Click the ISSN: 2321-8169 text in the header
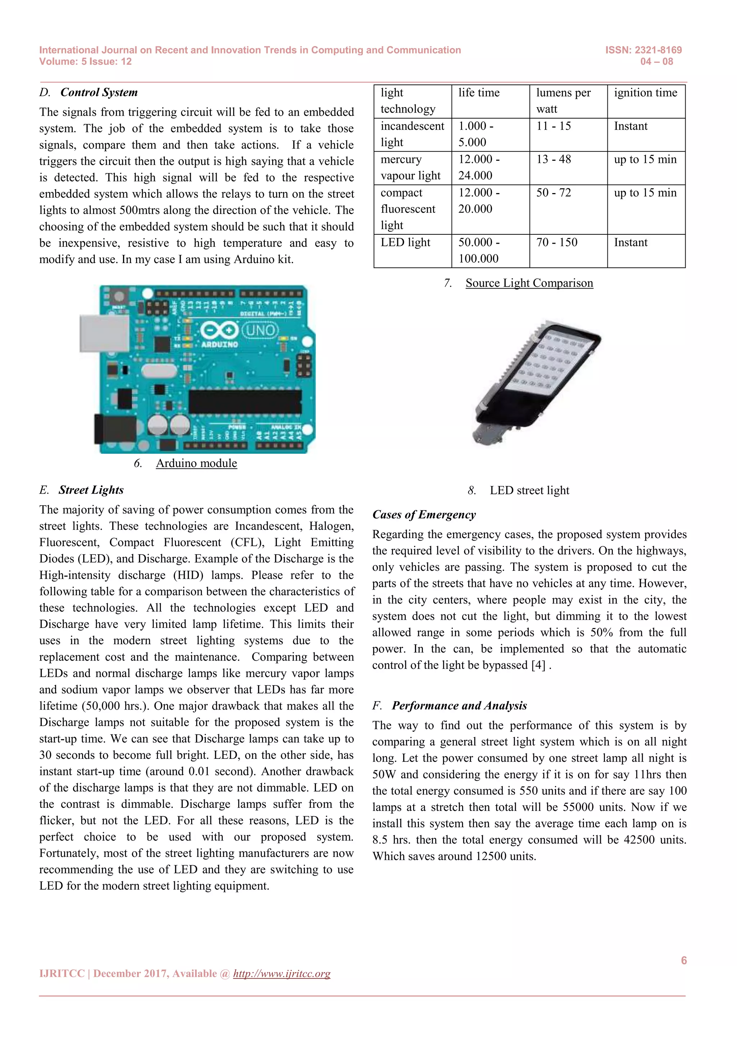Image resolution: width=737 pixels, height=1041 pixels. [643, 50]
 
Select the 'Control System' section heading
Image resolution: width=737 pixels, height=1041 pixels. [99, 92]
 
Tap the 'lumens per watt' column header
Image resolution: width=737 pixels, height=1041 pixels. [563, 101]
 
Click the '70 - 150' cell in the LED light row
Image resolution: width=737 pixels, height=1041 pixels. [556, 243]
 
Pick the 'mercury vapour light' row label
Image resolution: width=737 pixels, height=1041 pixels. [410, 167]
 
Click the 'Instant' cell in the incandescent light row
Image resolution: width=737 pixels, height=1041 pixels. [630, 126]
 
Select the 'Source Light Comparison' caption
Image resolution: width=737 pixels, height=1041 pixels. [529, 283]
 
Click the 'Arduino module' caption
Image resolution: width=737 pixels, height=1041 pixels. [196, 463]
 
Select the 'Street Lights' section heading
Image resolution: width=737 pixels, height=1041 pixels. [91, 490]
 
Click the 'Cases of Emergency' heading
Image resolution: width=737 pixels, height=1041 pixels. [424, 515]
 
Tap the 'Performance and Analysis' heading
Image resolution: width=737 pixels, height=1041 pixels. [459, 706]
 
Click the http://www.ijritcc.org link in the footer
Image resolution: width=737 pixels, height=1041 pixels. [281, 973]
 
